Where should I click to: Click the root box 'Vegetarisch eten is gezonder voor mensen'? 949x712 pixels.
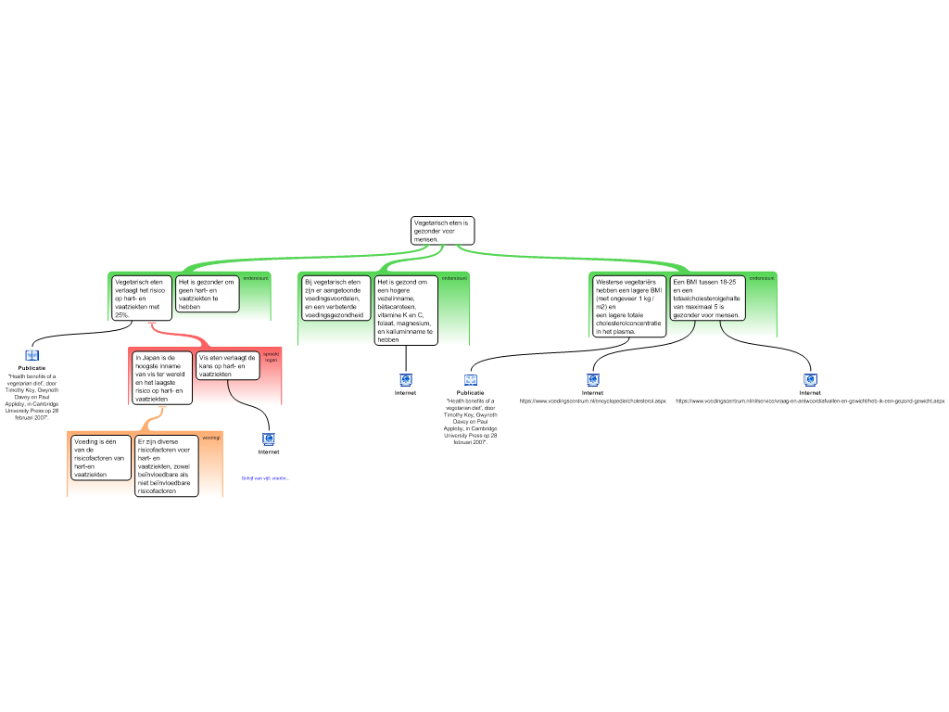tap(442, 231)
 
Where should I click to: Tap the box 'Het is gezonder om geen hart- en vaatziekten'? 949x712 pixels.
tap(207, 293)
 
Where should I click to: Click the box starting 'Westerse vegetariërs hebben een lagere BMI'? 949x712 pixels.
tap(629, 305)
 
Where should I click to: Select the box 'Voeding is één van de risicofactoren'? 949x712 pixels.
tap(101, 458)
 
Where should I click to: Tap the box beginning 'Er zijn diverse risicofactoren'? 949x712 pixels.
tap(167, 466)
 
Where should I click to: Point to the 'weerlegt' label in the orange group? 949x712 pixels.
tap(211, 437)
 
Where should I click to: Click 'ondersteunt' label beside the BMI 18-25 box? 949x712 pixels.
tap(762, 277)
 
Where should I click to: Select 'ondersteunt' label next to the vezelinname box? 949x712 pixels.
tap(454, 277)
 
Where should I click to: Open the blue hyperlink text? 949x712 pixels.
tap(265, 478)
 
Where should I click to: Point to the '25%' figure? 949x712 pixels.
tap(121, 315)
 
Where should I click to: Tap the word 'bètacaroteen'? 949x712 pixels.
tap(397, 306)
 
